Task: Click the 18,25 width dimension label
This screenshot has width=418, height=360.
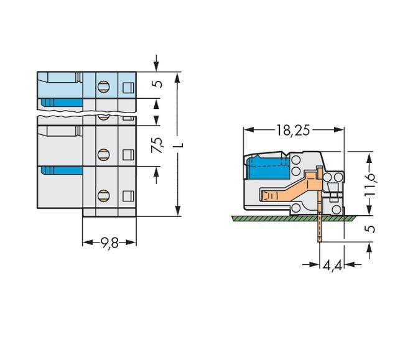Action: [x=293, y=130]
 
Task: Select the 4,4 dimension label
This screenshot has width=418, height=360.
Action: [x=332, y=265]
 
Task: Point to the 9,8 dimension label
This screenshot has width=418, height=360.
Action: [x=109, y=242]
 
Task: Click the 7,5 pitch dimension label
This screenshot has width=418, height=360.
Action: [x=157, y=145]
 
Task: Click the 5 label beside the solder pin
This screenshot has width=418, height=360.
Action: [x=369, y=229]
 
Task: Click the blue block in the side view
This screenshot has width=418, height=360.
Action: [x=268, y=168]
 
